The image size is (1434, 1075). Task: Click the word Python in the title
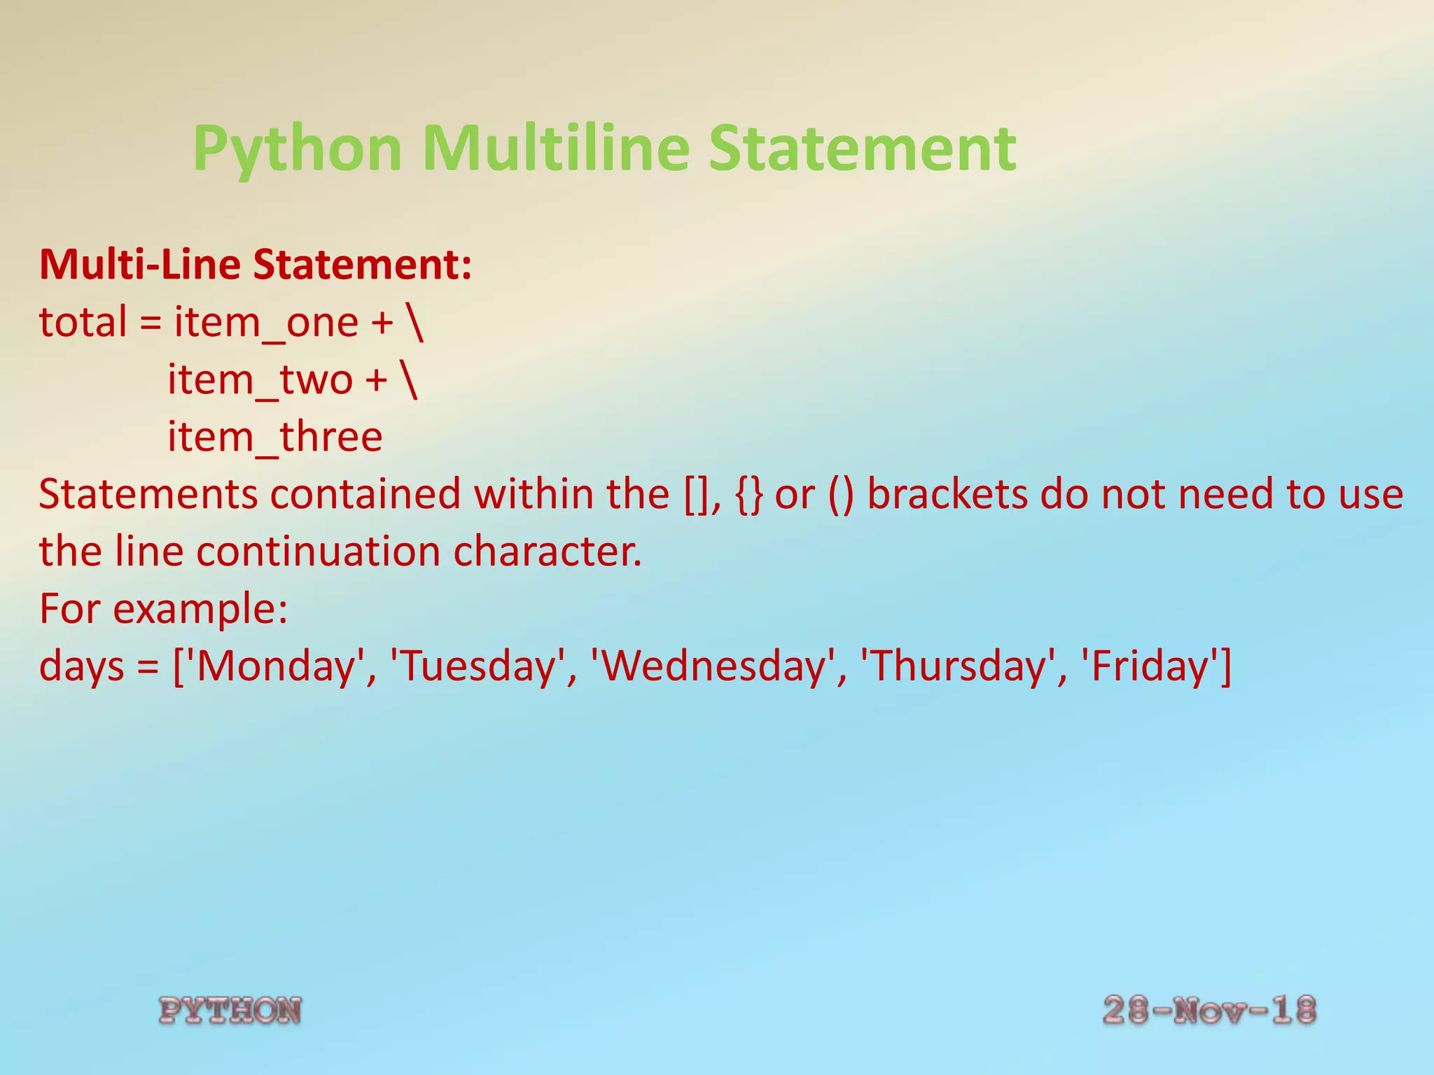298,148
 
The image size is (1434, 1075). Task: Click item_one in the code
266,323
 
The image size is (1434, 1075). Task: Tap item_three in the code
274,437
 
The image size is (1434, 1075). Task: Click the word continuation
318,551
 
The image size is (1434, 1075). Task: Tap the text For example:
163,608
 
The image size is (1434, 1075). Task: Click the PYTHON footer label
230,1011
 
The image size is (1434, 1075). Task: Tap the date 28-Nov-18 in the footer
1209,1010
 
